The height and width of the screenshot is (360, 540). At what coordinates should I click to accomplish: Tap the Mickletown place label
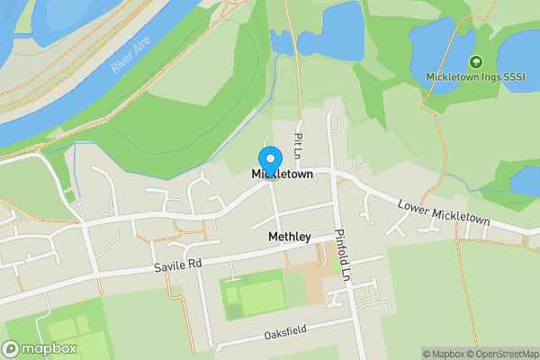282,174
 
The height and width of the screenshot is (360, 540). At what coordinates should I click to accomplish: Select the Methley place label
289,237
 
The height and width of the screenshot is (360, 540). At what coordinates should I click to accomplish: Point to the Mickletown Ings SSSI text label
474,76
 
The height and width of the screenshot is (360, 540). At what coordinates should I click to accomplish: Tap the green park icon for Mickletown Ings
475,62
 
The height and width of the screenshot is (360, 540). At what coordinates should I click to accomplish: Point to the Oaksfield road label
285,332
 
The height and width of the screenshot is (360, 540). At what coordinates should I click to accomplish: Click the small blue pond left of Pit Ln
282,41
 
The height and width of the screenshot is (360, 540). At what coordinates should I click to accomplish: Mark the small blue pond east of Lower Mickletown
524,179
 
